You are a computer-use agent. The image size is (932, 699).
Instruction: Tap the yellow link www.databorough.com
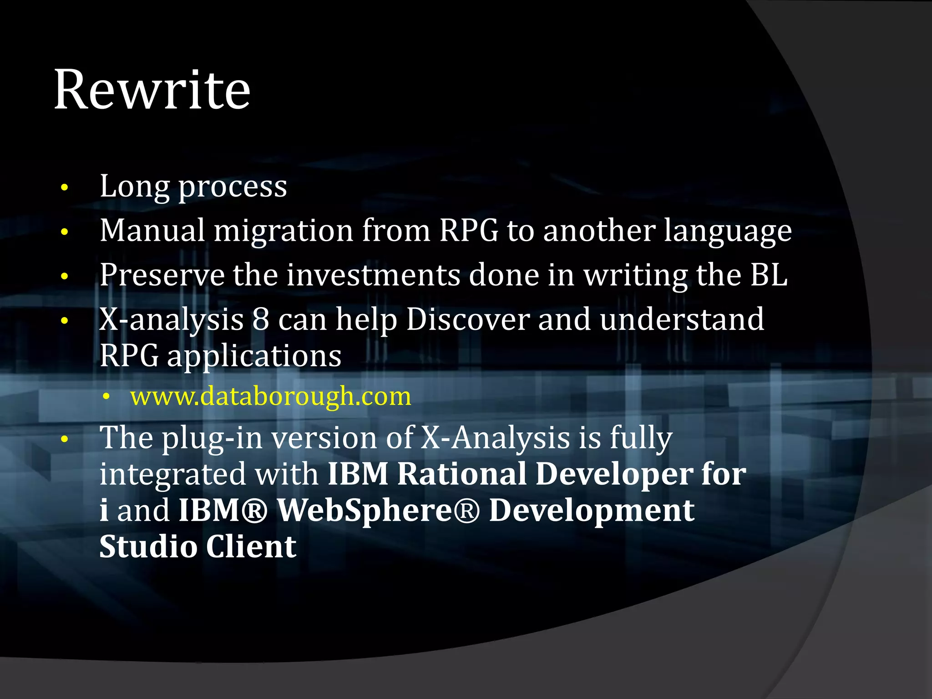click(270, 396)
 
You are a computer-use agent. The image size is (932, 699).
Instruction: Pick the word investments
click(373, 275)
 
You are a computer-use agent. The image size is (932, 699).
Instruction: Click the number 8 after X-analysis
click(261, 319)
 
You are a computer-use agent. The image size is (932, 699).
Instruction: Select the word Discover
click(467, 319)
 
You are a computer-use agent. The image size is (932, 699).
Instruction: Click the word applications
click(254, 356)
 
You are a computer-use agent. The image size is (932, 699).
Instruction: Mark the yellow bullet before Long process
click(65, 187)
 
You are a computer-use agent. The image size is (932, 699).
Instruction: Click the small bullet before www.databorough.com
click(106, 397)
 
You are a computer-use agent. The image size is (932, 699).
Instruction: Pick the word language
click(727, 231)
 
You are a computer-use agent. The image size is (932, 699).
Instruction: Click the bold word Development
click(591, 510)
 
